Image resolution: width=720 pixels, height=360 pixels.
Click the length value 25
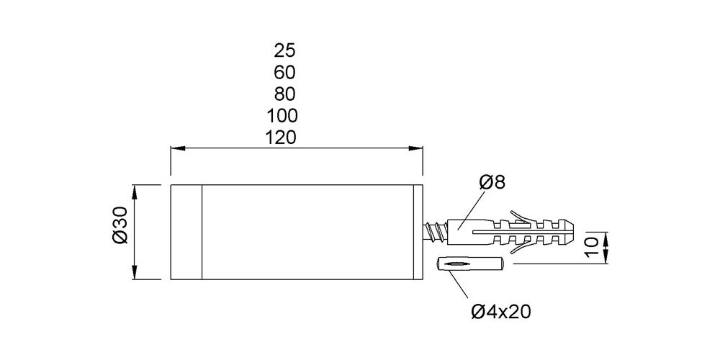click(284, 50)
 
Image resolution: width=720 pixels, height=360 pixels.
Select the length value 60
click(284, 73)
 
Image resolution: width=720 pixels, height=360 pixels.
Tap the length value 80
click(284, 94)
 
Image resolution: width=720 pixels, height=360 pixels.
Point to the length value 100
click(282, 116)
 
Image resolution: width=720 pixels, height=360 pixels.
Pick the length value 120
click(282, 138)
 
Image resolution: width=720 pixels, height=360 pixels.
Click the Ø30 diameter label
click(120, 225)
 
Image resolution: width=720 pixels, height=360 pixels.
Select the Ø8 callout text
click(492, 182)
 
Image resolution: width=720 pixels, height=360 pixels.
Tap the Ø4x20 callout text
click(501, 312)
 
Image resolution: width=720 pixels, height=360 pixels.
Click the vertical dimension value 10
click(593, 248)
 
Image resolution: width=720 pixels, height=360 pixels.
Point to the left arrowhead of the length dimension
click(177, 148)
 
